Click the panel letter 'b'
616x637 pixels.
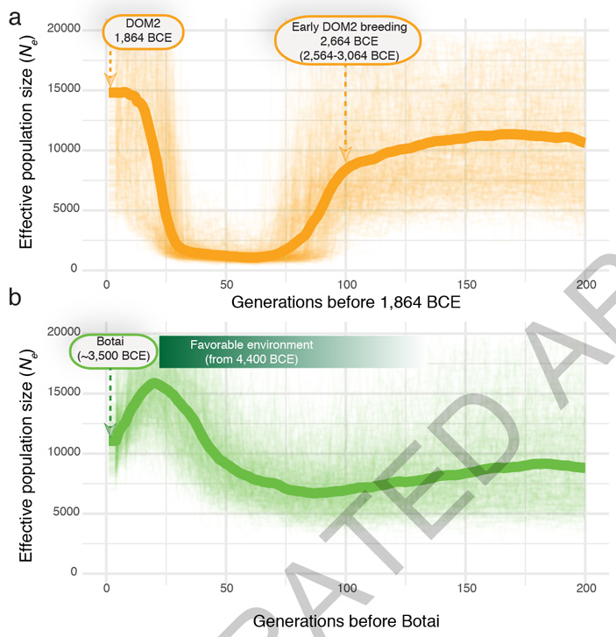15,300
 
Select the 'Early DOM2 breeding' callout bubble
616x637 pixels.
343,39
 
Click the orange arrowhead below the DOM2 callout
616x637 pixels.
110,80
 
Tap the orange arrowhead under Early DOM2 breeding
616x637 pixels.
345,154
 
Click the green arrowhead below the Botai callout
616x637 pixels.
110,428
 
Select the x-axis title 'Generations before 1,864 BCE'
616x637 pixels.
345,303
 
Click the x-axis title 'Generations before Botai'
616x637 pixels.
345,619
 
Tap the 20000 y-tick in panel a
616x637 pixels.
63,29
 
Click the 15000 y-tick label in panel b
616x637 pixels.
63,393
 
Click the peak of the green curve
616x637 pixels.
155,382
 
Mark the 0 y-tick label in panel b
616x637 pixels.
75,572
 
